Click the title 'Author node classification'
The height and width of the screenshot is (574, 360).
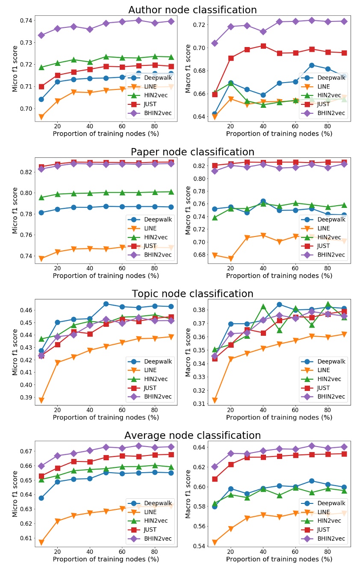click(192, 10)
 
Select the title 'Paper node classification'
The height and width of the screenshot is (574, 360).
click(192, 152)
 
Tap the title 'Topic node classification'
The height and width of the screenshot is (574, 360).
click(192, 294)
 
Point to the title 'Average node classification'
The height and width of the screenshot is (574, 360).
click(192, 435)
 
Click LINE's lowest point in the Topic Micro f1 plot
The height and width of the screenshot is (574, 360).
click(41, 400)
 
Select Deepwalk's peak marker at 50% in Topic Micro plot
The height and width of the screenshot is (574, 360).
click(106, 304)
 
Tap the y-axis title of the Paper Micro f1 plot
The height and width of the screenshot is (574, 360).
click(15, 210)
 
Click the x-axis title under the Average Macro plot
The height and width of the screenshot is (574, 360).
click(279, 559)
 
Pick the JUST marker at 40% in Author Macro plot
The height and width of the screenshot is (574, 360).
click(263, 46)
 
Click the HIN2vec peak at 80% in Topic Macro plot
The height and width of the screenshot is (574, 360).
click(328, 305)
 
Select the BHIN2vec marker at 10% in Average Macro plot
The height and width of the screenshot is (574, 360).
click(214, 467)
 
